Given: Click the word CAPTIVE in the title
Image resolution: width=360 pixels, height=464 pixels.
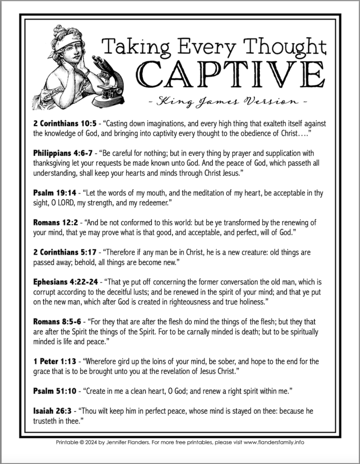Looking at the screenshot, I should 231,72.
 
